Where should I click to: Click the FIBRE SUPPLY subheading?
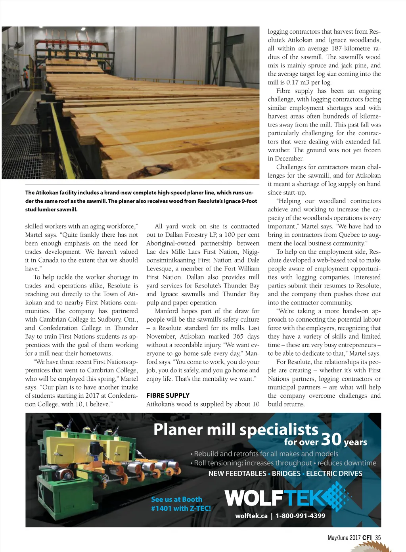[168, 395]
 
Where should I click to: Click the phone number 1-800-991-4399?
[301, 516]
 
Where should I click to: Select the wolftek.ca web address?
[251, 516]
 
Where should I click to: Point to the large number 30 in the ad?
[331, 439]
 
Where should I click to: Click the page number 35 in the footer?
[378, 538]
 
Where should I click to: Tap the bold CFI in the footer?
[367, 538]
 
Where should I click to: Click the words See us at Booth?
[176, 499]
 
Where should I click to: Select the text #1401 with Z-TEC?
[181, 508]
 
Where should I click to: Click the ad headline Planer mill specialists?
[236, 429]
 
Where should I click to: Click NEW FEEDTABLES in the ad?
[237, 473]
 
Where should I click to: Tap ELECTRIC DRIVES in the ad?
[334, 473]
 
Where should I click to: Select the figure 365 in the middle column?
[239, 336]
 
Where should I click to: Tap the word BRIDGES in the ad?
[286, 473]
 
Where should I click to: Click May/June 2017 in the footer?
[344, 538]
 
